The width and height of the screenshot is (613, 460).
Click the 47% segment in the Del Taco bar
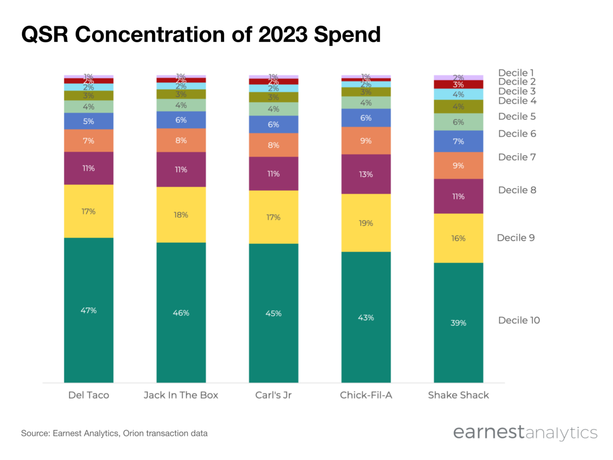pos(89,310)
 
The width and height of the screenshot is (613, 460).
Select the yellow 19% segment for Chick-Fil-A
pos(366,223)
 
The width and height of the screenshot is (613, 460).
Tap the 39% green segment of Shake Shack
pos(458,322)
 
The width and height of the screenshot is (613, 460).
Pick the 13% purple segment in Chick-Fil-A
pos(366,174)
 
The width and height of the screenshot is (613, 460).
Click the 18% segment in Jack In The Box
pos(181,215)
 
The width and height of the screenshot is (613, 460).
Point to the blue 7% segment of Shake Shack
pos(458,141)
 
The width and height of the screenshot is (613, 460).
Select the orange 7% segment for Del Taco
pos(89,141)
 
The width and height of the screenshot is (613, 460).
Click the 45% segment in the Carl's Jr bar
pos(273,313)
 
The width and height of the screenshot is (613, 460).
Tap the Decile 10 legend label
pos(518,320)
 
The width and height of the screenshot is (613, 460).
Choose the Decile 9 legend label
pos(516,238)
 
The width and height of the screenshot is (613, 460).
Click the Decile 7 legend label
pos(517,157)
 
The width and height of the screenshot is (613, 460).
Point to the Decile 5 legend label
pos(517,116)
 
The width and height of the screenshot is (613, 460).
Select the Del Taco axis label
pos(89,395)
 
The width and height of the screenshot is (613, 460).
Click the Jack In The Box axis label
pos(181,395)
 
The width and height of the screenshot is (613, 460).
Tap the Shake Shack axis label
pos(458,395)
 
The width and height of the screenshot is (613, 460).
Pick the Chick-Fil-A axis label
pos(366,395)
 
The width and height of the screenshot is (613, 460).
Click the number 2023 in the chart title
pos(283,34)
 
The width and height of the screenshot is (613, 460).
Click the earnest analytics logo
pos(525,432)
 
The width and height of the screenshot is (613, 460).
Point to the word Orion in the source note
pos(133,433)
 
